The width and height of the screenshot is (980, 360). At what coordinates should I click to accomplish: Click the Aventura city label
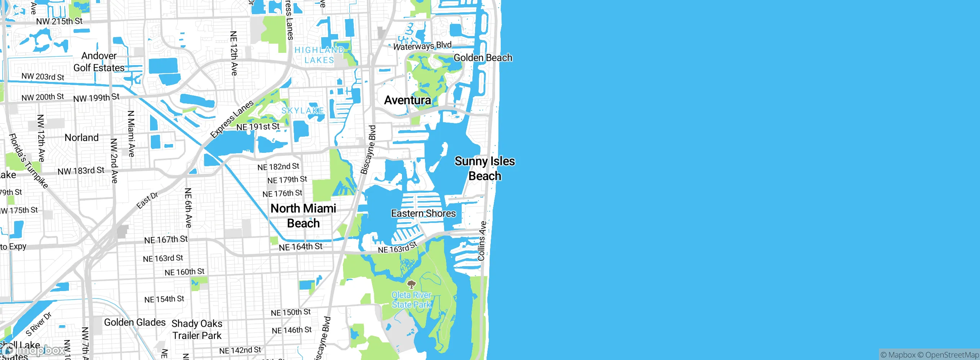[x=407, y=100]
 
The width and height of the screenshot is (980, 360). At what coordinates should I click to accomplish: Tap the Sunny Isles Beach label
[x=485, y=169]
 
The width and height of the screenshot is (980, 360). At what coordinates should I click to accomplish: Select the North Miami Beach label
[x=303, y=216]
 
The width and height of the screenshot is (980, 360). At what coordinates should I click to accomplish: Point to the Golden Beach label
[x=483, y=58]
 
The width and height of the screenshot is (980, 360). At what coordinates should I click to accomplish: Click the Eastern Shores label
[x=423, y=213]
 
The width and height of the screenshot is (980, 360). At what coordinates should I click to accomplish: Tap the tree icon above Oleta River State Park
[x=411, y=284]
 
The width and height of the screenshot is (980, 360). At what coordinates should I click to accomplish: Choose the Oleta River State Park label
[x=411, y=300]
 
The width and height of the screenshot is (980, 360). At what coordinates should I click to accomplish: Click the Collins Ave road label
[x=482, y=241]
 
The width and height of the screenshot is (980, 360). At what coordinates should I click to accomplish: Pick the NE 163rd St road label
[x=397, y=248]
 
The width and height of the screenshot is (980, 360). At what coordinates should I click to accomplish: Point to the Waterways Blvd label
[x=422, y=46]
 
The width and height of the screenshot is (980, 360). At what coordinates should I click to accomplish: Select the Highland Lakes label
[x=319, y=55]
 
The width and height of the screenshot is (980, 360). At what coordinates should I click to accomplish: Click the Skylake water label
[x=302, y=111]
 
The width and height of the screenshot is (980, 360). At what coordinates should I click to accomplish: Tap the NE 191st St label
[x=258, y=127]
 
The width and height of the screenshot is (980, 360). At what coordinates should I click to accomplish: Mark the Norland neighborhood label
[x=82, y=137]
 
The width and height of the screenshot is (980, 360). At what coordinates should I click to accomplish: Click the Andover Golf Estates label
[x=99, y=62]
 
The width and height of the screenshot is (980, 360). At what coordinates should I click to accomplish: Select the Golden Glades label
[x=135, y=322]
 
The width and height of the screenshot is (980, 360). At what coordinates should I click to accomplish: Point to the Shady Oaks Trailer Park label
[x=197, y=329]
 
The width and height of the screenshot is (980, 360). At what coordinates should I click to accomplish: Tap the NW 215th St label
[x=59, y=21]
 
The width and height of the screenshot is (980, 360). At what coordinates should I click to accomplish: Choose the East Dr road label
[x=147, y=201]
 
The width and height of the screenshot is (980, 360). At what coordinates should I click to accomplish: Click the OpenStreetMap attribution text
[x=952, y=355]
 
